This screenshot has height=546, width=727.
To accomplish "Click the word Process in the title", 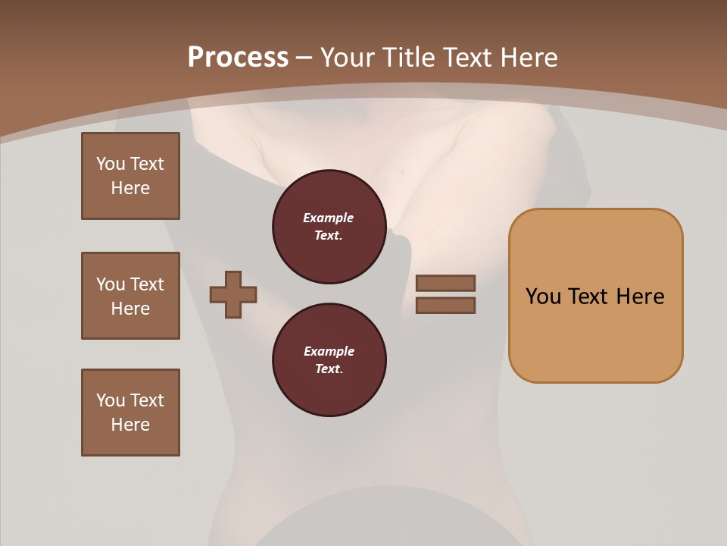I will (x=238, y=58).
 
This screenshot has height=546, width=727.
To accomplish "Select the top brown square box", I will (x=130, y=176).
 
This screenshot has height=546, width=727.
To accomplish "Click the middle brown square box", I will (x=130, y=296).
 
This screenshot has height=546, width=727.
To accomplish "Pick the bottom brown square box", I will (x=130, y=413).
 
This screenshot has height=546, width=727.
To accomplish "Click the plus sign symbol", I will (x=233, y=294).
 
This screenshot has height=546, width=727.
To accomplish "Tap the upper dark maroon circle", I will (x=329, y=227).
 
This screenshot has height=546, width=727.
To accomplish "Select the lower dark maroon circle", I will (x=329, y=360).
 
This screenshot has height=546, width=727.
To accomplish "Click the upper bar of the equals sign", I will (x=446, y=284).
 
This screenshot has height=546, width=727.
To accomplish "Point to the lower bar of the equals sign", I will (x=446, y=305).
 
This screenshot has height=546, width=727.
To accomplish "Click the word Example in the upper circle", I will (x=329, y=218).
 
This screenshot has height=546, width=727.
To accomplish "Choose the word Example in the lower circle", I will (x=329, y=351).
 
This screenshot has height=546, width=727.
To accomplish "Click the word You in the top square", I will (x=111, y=164).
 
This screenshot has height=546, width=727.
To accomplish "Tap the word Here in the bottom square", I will (x=130, y=425).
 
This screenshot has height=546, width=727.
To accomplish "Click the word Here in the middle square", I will (x=130, y=309).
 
